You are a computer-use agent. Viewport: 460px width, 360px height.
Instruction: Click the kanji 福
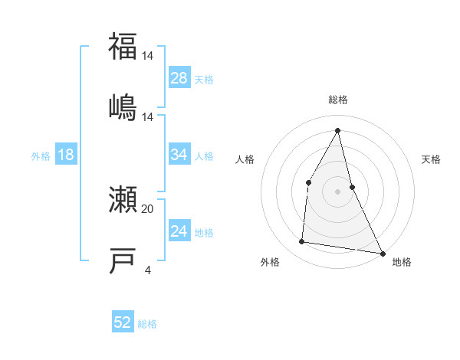pos(123,47)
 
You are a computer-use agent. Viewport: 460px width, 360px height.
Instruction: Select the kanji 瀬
pos(123,200)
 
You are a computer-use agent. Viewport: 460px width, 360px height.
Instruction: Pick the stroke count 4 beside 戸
pos(147,270)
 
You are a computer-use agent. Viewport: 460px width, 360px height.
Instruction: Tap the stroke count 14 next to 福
pos(147,56)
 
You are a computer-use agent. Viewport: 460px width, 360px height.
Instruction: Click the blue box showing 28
pos(179,78)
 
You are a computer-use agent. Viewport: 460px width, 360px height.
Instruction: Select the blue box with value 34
pos(179,155)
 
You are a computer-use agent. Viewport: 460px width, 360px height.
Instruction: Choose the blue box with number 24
pos(179,231)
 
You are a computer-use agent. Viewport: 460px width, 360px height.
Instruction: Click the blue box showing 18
pos(66,155)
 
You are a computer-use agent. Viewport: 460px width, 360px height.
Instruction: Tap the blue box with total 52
pos(123,322)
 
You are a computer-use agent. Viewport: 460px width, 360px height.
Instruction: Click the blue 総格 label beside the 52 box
pos(147,324)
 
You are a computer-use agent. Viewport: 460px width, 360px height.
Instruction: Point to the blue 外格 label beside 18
pos(41,156)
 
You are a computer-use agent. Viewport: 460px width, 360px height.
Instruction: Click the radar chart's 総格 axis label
pos(338,100)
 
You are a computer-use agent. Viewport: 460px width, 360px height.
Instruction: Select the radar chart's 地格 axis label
pos(402,263)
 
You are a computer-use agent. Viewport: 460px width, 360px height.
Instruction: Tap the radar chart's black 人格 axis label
pos(245,159)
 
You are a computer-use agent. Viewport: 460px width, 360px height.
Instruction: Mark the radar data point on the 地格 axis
pos(382,253)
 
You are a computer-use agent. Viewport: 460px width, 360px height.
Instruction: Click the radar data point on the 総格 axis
pos(338,129)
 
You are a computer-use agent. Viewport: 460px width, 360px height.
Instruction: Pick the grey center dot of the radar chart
pos(338,191)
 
